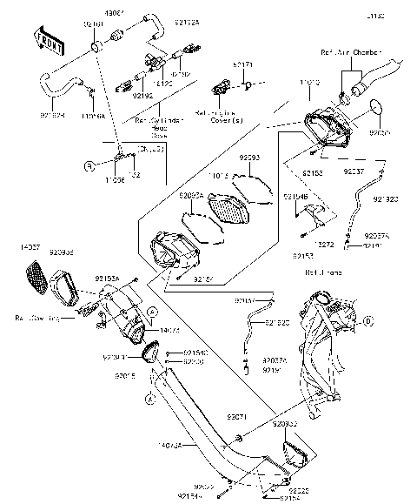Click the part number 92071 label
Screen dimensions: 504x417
coord(236,417)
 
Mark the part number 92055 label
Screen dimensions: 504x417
coord(380,133)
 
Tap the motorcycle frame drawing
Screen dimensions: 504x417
coord(326,348)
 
